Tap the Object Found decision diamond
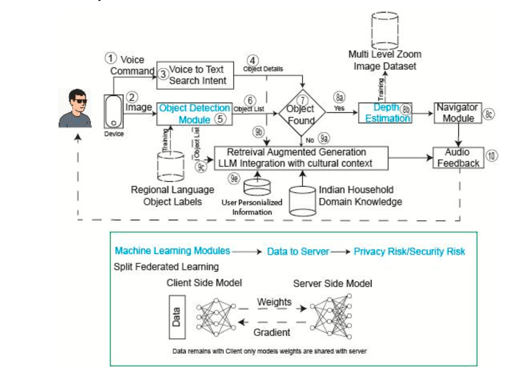[x=302, y=114]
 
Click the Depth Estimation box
[x=385, y=113]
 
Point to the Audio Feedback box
[x=458, y=158]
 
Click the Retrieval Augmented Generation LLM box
[x=302, y=158]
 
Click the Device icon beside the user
[x=113, y=111]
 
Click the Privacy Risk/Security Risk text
[x=409, y=251]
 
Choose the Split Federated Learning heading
[x=166, y=267]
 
